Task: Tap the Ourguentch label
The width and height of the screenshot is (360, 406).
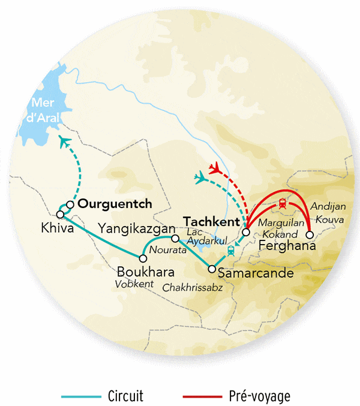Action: pyautogui.click(x=115, y=204)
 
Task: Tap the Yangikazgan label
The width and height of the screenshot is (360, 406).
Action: pyautogui.click(x=136, y=228)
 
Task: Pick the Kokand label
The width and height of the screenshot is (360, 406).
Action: pyautogui.click(x=278, y=234)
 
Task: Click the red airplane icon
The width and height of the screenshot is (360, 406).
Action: pyautogui.click(x=216, y=167)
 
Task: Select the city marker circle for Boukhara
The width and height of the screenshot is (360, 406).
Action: pyautogui.click(x=143, y=258)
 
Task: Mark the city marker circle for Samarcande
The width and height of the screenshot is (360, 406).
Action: pyautogui.click(x=211, y=269)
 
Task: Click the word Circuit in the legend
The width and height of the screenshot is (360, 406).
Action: pyautogui.click(x=125, y=396)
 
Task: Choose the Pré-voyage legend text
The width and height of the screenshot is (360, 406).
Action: pyautogui.click(x=259, y=396)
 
